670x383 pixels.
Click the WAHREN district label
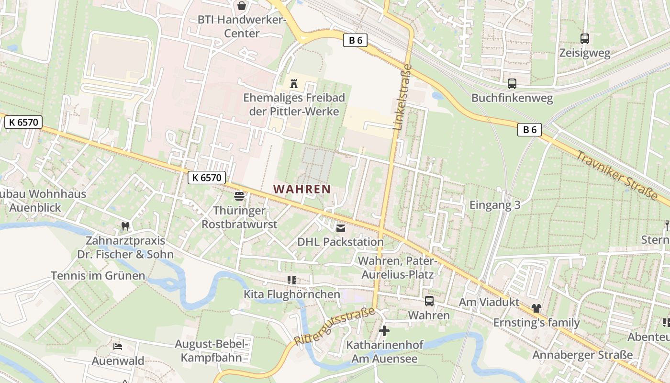click(302, 189)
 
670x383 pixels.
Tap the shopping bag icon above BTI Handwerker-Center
click(242, 6)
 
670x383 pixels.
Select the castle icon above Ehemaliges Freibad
click(294, 84)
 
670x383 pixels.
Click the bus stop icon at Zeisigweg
click(584, 39)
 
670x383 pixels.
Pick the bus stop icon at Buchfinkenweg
click(512, 84)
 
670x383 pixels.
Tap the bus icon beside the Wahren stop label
click(429, 301)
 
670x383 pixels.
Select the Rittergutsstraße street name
click(335, 326)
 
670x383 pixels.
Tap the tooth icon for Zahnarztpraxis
click(125, 226)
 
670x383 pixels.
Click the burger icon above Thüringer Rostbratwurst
click(239, 196)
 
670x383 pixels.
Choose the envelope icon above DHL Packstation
click(341, 228)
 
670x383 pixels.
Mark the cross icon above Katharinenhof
click(384, 331)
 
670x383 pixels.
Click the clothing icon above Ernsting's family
click(536, 308)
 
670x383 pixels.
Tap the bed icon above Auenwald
click(118, 346)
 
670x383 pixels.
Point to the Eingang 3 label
click(495, 205)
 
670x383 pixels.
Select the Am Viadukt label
click(489, 302)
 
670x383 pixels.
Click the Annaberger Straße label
click(582, 355)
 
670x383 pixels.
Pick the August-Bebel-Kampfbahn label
click(212, 350)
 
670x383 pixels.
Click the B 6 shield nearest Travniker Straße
click(529, 129)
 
